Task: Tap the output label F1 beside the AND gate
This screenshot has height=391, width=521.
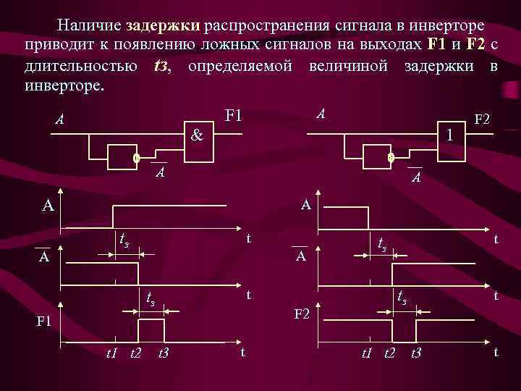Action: [x=234, y=117]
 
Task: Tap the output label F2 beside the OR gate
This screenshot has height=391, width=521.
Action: [x=482, y=118]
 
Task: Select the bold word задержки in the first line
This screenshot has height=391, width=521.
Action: [x=163, y=26]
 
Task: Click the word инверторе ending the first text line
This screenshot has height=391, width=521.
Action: [x=449, y=26]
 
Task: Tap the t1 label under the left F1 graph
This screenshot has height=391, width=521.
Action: [x=111, y=353]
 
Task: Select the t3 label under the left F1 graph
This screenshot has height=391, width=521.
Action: [x=163, y=353]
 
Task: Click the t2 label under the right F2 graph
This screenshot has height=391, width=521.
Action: [x=389, y=353]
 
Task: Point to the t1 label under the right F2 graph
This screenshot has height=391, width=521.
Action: [x=366, y=353]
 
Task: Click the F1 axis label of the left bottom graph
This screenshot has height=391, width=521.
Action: [x=45, y=321]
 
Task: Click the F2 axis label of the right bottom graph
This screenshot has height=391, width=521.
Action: [x=301, y=314]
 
